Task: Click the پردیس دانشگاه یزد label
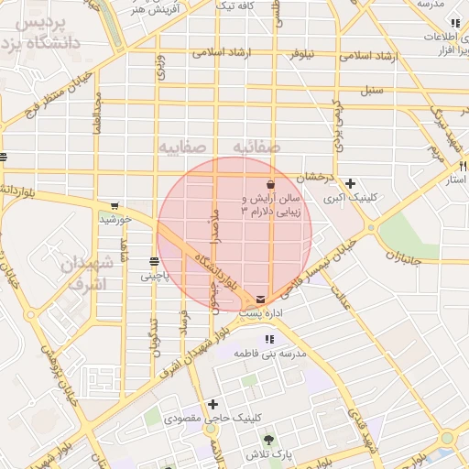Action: click(x=46, y=31)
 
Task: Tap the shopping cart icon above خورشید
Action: click(x=114, y=206)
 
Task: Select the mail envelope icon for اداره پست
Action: click(x=263, y=299)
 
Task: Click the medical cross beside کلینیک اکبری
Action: click(x=351, y=183)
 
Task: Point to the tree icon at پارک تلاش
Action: click(x=268, y=442)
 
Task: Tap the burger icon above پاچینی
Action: click(x=153, y=261)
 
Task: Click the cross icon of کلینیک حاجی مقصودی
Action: click(x=213, y=404)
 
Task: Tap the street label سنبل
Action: click(x=371, y=90)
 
